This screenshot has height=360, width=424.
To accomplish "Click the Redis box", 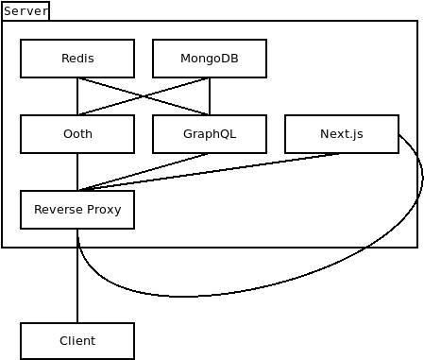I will pos(77,59).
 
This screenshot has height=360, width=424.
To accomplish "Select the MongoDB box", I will pos(210,59).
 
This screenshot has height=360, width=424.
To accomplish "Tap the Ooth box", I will pos(77,134).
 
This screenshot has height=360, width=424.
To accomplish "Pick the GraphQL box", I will pos(210,134).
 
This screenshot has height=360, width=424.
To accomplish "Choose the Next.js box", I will pos(342,134).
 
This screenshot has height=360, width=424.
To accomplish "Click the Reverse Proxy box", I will pos(77,210).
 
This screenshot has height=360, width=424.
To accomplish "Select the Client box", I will pos(77,341).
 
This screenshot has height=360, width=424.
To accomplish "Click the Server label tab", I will pos(25,11).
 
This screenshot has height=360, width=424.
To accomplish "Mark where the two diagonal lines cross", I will pos(144,96).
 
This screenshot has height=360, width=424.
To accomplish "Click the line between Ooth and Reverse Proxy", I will pos(77,172).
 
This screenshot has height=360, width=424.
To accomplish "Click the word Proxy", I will pos(104,210).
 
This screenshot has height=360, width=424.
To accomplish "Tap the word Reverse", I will pos(59,210).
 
